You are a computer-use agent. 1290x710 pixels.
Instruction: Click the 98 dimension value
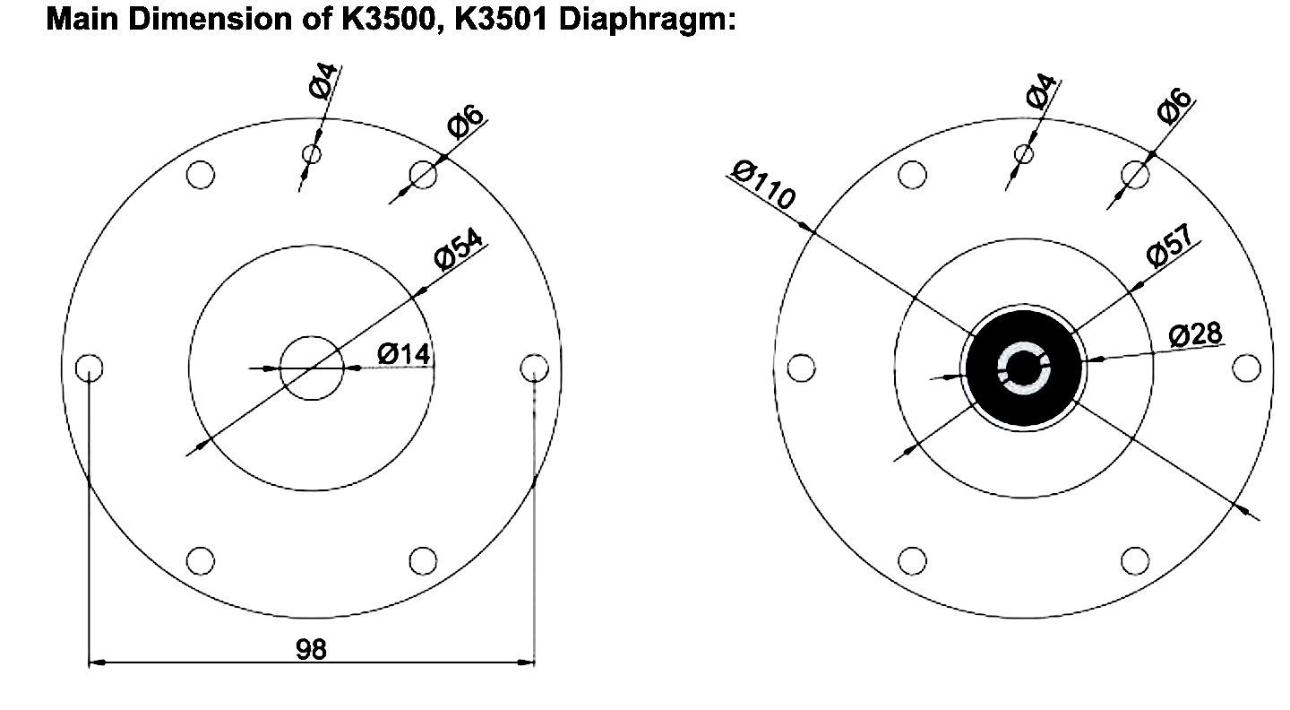pos(312,649)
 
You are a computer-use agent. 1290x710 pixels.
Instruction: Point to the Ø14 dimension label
pos(403,354)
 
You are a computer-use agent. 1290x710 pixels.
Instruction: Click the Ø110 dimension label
pos(762,185)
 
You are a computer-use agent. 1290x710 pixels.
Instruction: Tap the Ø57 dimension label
pos(1169,245)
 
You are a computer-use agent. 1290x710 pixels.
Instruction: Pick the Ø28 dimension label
pos(1195,335)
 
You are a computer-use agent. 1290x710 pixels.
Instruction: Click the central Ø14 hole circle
pos(312,368)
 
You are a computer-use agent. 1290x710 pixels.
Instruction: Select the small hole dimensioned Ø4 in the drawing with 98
pos(311,154)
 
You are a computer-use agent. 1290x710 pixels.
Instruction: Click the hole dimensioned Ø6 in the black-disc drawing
pos(1135,174)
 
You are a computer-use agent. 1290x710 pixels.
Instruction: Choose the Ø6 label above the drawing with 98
pos(465,122)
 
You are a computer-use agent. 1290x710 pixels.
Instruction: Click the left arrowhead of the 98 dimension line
pos(96,663)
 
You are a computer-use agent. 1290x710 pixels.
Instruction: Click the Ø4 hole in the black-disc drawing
pos(1023,153)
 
